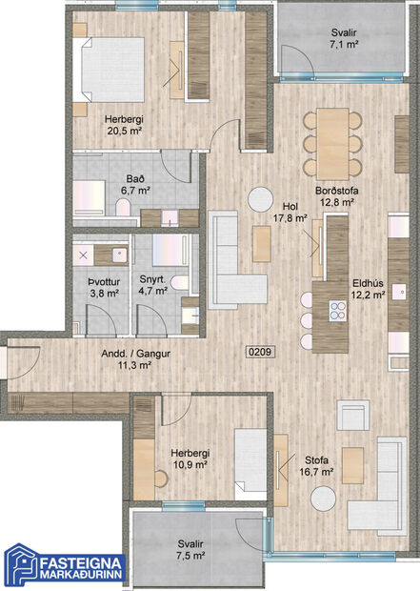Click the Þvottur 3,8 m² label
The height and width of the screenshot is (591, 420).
(97, 287)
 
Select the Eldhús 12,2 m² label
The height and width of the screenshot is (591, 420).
(367, 288)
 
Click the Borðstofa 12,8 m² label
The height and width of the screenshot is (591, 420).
(336, 195)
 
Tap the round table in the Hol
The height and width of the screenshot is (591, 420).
(260, 198)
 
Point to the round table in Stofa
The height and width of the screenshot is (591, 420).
(322, 498)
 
